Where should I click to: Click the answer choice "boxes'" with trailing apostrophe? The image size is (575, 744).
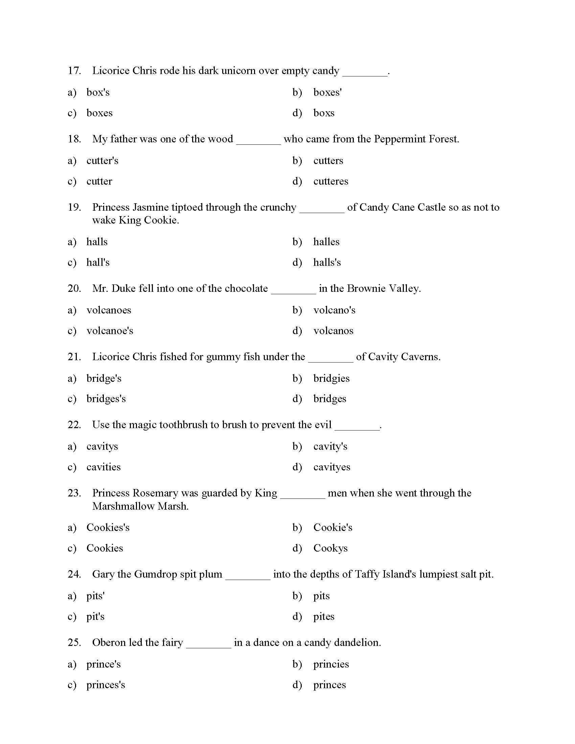(327, 92)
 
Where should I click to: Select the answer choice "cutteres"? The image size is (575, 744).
(330, 181)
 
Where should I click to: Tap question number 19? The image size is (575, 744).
(74, 207)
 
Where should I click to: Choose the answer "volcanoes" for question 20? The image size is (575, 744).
(108, 310)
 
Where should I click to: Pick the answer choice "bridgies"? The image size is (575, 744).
(331, 378)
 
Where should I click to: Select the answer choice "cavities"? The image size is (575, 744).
(103, 467)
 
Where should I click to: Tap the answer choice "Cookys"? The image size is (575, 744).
(330, 548)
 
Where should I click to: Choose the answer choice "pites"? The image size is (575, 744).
(324, 617)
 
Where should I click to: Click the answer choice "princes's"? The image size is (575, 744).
(106, 685)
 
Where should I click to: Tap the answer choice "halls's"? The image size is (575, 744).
(327, 262)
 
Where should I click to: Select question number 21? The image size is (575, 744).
(74, 357)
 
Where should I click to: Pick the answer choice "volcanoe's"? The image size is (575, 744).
(110, 331)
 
